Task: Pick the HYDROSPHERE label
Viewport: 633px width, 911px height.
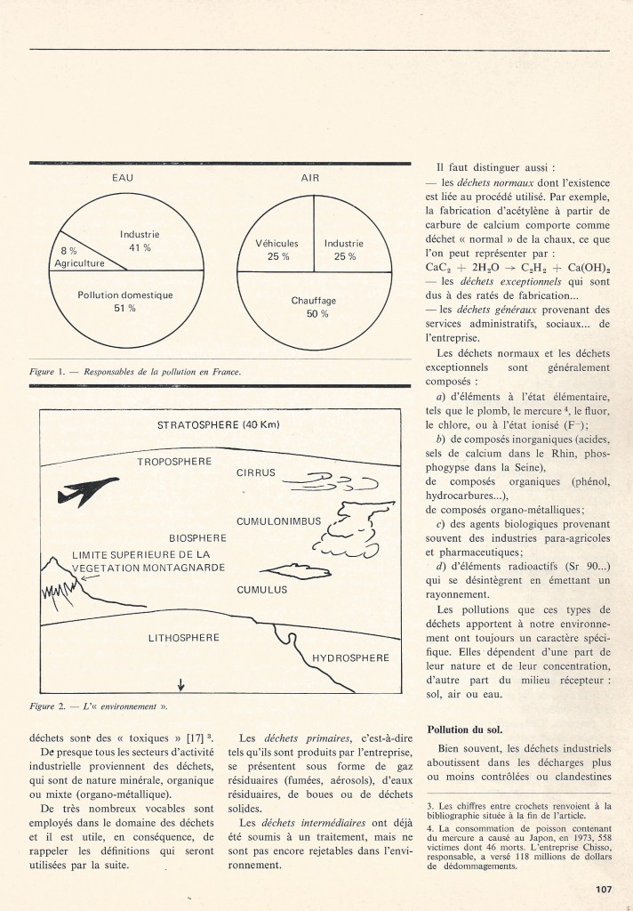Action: tap(350, 658)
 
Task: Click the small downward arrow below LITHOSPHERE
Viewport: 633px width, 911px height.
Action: tap(181, 684)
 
